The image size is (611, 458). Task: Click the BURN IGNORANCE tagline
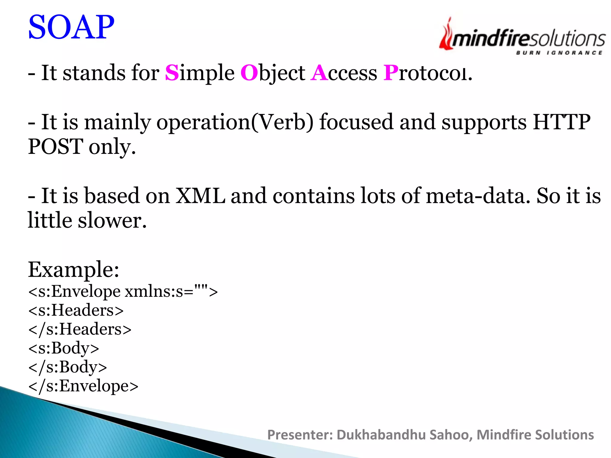[559, 53]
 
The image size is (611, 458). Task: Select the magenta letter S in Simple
[172, 73]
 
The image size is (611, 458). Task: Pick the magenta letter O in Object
[249, 73]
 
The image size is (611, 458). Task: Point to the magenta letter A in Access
[319, 73]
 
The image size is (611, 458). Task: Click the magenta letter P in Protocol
[391, 73]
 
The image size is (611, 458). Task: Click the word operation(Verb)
[235, 122]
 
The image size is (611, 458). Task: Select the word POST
[55, 147]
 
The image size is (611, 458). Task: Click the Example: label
[73, 270]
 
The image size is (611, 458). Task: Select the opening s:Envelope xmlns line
[123, 291]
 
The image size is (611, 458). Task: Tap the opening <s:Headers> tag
[76, 310]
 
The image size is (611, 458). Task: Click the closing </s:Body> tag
[67, 367]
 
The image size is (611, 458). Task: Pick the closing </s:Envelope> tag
[83, 386]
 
